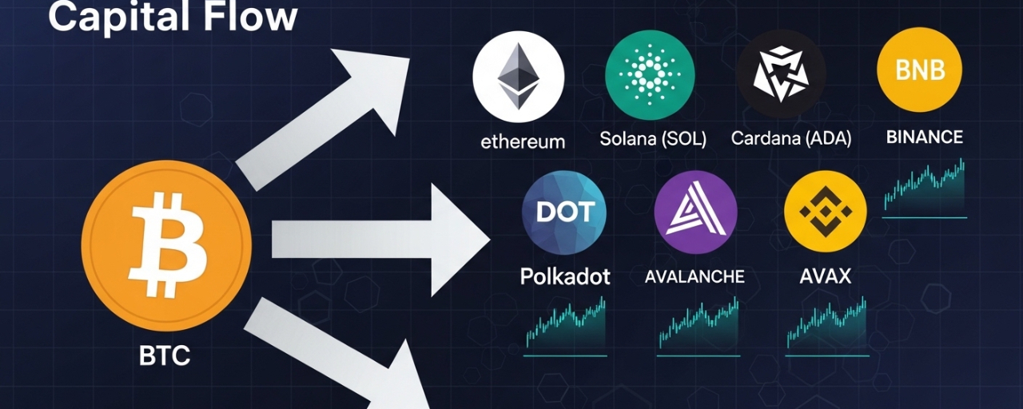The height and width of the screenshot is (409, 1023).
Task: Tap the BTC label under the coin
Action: coord(165,355)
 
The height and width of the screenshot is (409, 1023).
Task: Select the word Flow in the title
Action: coord(256,17)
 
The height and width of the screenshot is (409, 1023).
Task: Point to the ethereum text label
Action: coord(523,142)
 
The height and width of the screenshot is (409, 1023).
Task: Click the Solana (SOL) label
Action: coord(653,139)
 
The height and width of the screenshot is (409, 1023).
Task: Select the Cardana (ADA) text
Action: coord(791,139)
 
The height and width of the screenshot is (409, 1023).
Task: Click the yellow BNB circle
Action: coord(919,70)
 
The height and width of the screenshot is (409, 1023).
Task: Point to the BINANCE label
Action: coord(925,137)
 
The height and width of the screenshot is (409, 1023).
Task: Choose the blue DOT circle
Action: coord(564,212)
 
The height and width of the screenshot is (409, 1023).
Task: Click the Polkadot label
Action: coord(565,277)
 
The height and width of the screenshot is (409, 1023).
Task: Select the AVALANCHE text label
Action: coord(695,277)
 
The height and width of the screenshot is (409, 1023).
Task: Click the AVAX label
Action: coord(826,277)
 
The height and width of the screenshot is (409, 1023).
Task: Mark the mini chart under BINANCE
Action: coord(925,189)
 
